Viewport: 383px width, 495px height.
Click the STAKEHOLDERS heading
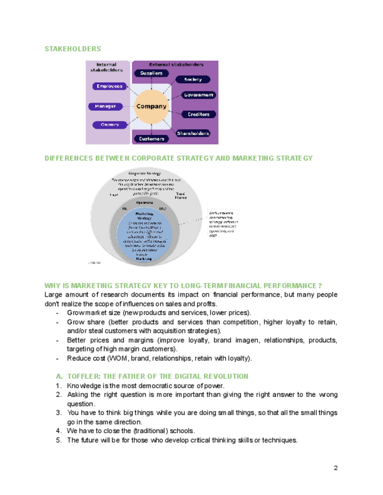click(x=73, y=49)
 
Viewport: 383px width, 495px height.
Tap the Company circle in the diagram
click(x=151, y=106)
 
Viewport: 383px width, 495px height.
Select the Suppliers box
click(x=151, y=73)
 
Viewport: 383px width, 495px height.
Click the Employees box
click(x=109, y=86)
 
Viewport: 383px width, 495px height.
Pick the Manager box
click(x=106, y=106)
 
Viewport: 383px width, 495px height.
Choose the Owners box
click(x=109, y=124)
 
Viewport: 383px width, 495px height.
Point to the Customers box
click(x=151, y=139)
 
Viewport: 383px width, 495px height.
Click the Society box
click(x=192, y=79)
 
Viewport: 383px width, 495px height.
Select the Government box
click(x=199, y=95)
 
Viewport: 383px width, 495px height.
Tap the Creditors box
click(x=199, y=114)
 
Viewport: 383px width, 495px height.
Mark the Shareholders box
click(x=193, y=133)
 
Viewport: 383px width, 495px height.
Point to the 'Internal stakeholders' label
click(x=106, y=67)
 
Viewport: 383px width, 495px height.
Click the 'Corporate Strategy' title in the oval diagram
click(x=144, y=173)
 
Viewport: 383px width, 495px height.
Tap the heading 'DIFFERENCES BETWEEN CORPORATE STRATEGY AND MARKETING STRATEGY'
click(x=178, y=158)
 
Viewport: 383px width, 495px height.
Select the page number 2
click(x=336, y=468)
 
